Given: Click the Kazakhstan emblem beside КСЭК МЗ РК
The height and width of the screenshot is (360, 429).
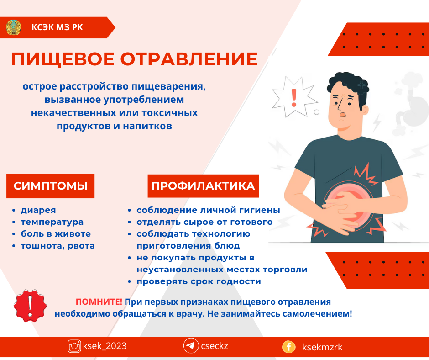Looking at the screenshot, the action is [x=14, y=27].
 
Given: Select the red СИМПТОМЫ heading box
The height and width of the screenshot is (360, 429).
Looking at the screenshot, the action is [x=50, y=186].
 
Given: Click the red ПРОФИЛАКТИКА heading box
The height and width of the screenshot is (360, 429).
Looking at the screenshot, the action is [x=203, y=186].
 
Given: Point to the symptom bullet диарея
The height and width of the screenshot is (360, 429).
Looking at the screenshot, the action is [x=38, y=210].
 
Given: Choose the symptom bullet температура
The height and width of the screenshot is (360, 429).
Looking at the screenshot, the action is [x=52, y=222].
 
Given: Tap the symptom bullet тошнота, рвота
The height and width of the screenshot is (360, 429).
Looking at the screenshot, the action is [x=58, y=246].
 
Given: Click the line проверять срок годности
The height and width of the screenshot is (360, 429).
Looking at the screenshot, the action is [x=199, y=281].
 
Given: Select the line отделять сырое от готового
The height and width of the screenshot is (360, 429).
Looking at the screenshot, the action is [x=204, y=222].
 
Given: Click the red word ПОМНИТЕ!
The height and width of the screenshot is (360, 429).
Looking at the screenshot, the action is [x=99, y=302].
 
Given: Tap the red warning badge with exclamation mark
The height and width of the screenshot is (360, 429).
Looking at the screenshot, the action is [x=30, y=306].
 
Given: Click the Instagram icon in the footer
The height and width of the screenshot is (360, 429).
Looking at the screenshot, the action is [x=74, y=346].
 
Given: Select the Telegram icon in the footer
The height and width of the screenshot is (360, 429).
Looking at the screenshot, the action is [x=191, y=345].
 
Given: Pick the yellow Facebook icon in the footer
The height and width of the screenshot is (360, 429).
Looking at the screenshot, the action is [x=288, y=347].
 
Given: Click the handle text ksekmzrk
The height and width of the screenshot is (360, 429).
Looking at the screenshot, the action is [x=322, y=347].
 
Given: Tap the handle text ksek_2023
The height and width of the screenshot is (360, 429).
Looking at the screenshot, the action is [x=105, y=346].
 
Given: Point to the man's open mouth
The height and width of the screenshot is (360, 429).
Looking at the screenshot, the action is [x=342, y=115].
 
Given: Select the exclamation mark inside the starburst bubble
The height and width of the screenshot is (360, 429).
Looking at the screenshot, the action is [x=294, y=98].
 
